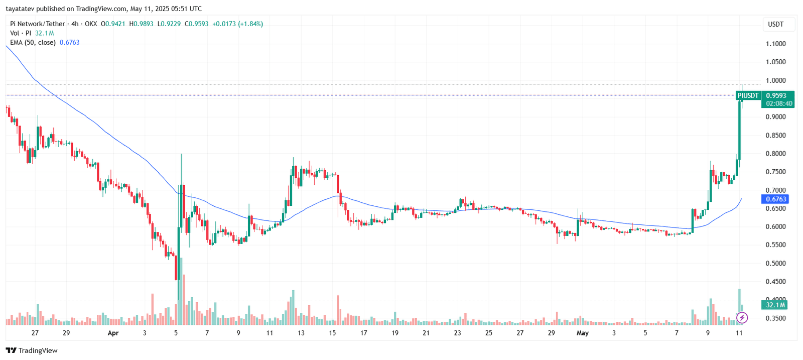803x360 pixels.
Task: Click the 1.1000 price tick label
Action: tap(775, 44)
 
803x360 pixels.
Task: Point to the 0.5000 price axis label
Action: tap(775, 263)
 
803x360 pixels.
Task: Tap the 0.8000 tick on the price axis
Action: tap(775, 154)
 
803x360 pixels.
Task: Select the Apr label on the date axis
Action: tap(113, 333)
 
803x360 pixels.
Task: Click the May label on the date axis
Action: tap(582, 333)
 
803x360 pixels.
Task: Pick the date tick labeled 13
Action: tap(301, 333)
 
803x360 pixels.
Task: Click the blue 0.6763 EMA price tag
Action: tap(776, 199)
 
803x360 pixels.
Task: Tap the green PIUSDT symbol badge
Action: tap(748, 95)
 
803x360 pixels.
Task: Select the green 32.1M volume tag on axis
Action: tap(775, 305)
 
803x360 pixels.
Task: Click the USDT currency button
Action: tap(775, 24)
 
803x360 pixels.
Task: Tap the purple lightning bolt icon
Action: tap(742, 317)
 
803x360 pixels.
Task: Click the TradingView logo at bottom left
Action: tap(32, 350)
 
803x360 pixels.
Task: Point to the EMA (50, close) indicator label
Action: tap(33, 43)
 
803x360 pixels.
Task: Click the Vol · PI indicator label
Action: tap(21, 33)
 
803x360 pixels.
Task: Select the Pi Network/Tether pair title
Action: tap(38, 24)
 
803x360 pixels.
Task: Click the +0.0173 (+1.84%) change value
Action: tap(237, 24)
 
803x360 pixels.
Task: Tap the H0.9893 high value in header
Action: tap(141, 24)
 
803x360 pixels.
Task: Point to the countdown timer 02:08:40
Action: tap(779, 103)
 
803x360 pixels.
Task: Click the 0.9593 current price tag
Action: tap(776, 95)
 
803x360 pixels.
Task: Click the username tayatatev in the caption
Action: tap(20, 9)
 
